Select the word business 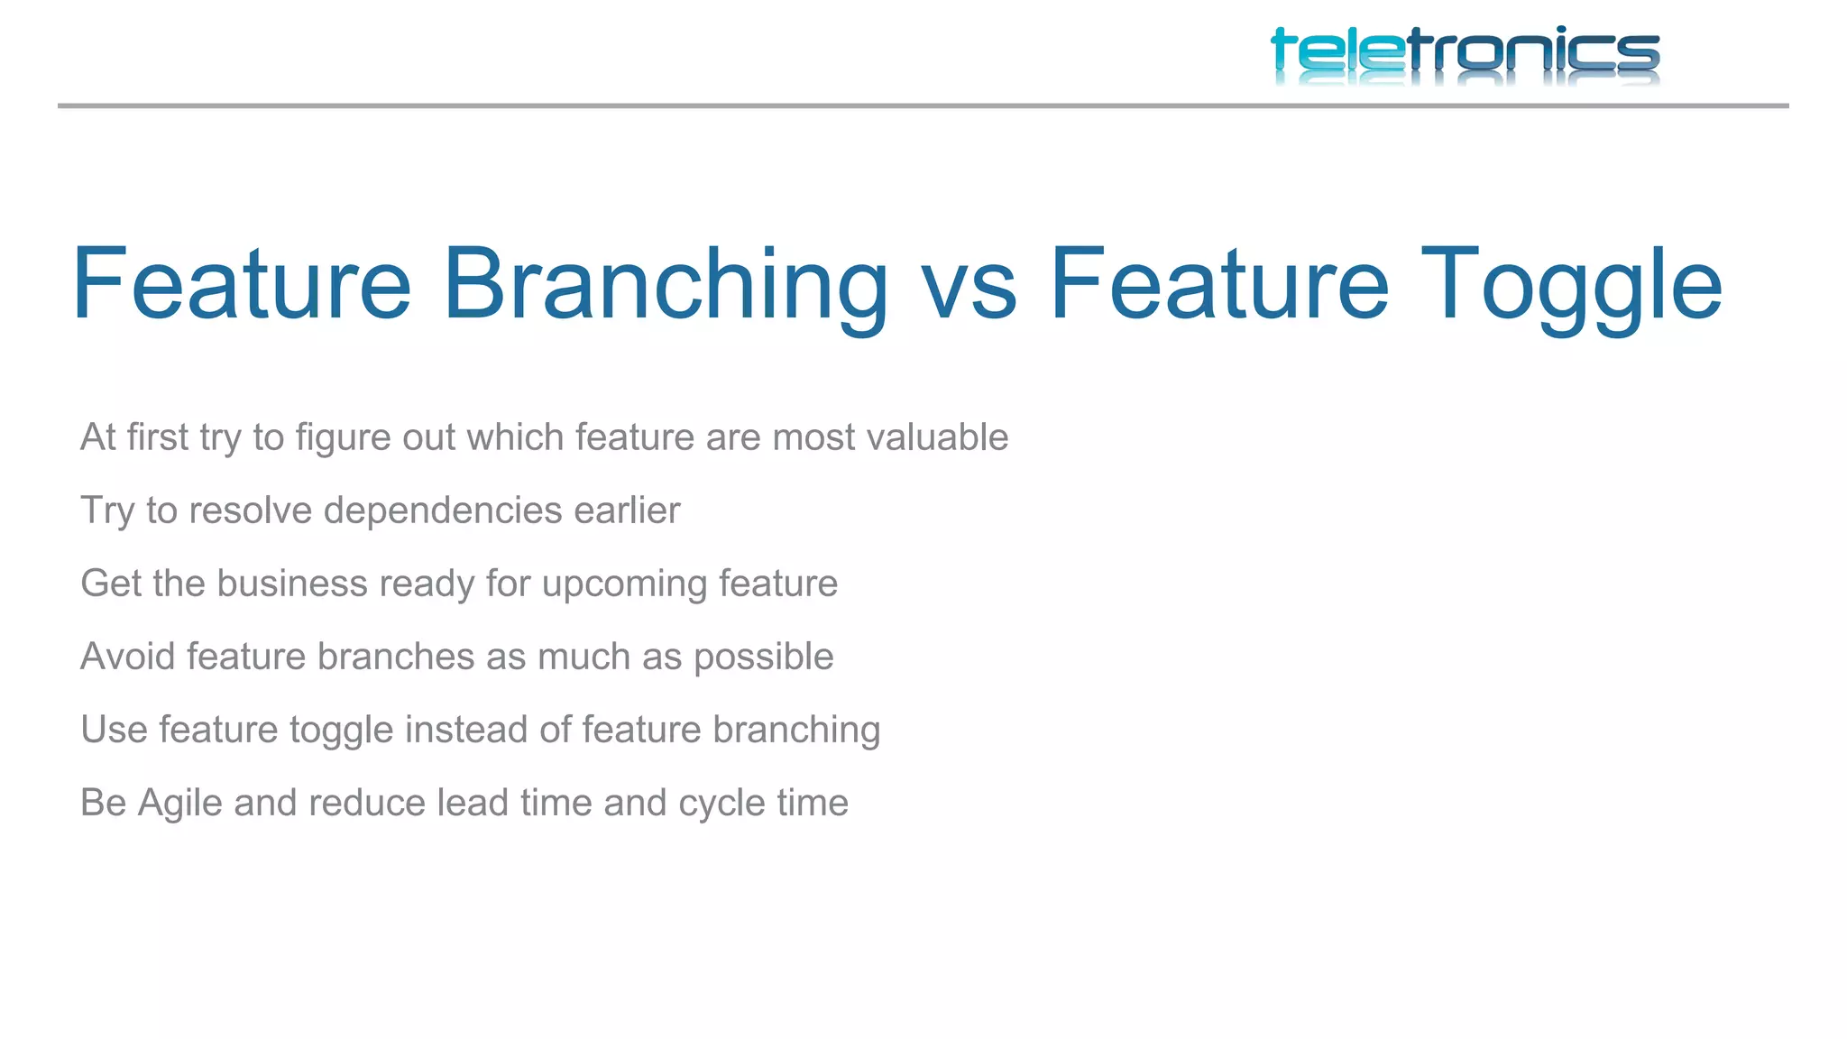click(292, 584)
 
